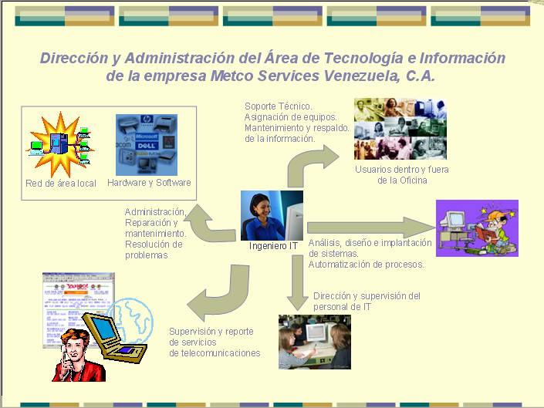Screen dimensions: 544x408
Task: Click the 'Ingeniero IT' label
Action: pyautogui.click(x=273, y=246)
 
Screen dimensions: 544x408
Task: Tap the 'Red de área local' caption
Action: pyautogui.click(x=61, y=183)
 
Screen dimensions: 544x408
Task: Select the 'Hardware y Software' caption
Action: pyautogui.click(x=149, y=182)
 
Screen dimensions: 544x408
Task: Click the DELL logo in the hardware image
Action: pyautogui.click(x=146, y=146)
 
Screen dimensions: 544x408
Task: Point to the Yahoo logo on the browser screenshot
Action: pyautogui.click(x=77, y=286)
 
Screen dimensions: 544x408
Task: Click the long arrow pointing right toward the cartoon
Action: pyautogui.click(x=371, y=228)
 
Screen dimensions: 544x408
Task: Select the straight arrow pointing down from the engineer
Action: pyautogui.click(x=298, y=282)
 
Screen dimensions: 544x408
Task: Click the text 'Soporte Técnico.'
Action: pyautogui.click(x=279, y=106)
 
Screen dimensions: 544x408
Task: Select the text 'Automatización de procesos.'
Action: pyautogui.click(x=367, y=265)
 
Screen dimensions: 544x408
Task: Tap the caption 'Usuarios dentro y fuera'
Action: pyautogui.click(x=402, y=169)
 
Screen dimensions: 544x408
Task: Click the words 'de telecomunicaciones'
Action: pyautogui.click(x=215, y=353)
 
